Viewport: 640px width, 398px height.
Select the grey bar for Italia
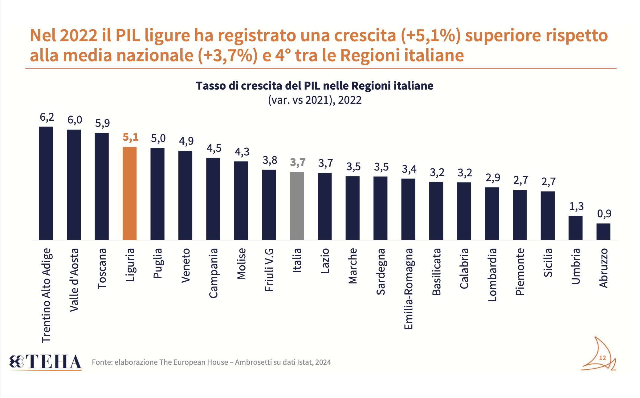coord(297,206)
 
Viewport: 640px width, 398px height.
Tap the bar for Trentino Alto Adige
coord(46,183)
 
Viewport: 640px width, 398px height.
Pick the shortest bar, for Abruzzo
coord(603,232)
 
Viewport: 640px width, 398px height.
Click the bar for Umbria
coord(575,228)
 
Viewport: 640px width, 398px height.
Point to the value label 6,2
coord(47,117)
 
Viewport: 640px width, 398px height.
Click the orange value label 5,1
coord(130,137)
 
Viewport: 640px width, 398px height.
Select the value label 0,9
coord(604,214)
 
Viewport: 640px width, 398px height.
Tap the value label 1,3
coord(576,206)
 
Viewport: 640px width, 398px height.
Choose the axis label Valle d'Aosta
coord(74,280)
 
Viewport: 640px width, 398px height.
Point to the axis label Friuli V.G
coord(269,270)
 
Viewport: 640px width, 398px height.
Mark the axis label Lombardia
coord(492,275)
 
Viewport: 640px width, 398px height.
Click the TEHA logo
coord(46,362)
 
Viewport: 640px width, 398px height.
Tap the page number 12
coord(602,358)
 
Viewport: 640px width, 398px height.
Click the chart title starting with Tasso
coord(314,86)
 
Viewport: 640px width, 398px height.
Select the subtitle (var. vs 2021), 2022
coord(314,100)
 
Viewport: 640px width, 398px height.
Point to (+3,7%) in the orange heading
coord(227,56)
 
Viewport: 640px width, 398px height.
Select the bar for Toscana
coord(102,186)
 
